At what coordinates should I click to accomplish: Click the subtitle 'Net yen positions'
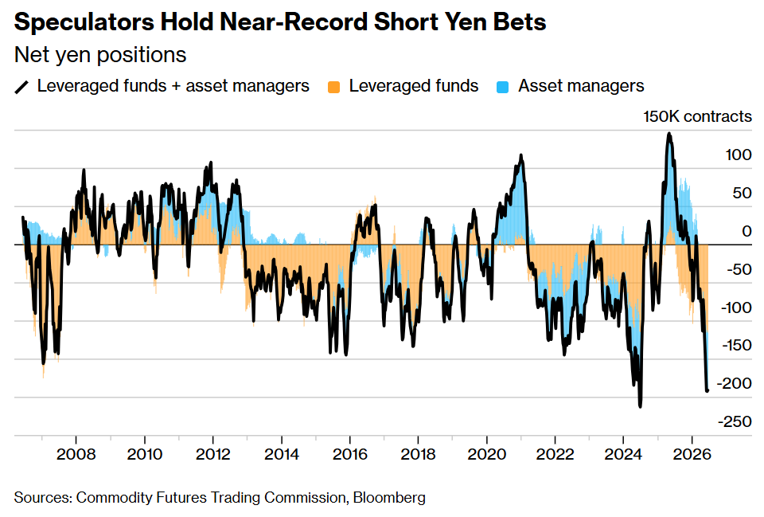pos(100,55)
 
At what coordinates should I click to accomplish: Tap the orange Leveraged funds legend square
pos(333,87)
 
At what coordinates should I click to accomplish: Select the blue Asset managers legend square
pos(502,87)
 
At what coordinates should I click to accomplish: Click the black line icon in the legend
pos(21,87)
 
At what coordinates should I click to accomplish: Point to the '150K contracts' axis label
pos(697,116)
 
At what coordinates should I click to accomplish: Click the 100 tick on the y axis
pos(739,155)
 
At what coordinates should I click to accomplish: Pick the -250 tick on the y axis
pos(735,421)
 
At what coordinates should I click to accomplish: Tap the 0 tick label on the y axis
pos(746,231)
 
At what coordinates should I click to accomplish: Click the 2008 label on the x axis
pos(76,455)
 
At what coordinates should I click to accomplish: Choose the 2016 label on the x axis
pos(350,455)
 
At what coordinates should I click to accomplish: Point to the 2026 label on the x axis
pos(692,455)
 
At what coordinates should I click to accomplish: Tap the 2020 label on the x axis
pos(487,455)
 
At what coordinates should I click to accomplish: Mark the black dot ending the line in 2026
pos(707,390)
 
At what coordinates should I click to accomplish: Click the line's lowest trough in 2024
pos(640,405)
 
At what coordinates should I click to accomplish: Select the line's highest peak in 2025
pos(669,134)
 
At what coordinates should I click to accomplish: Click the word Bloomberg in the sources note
pos(389,498)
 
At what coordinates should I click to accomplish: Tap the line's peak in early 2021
pos(520,155)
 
